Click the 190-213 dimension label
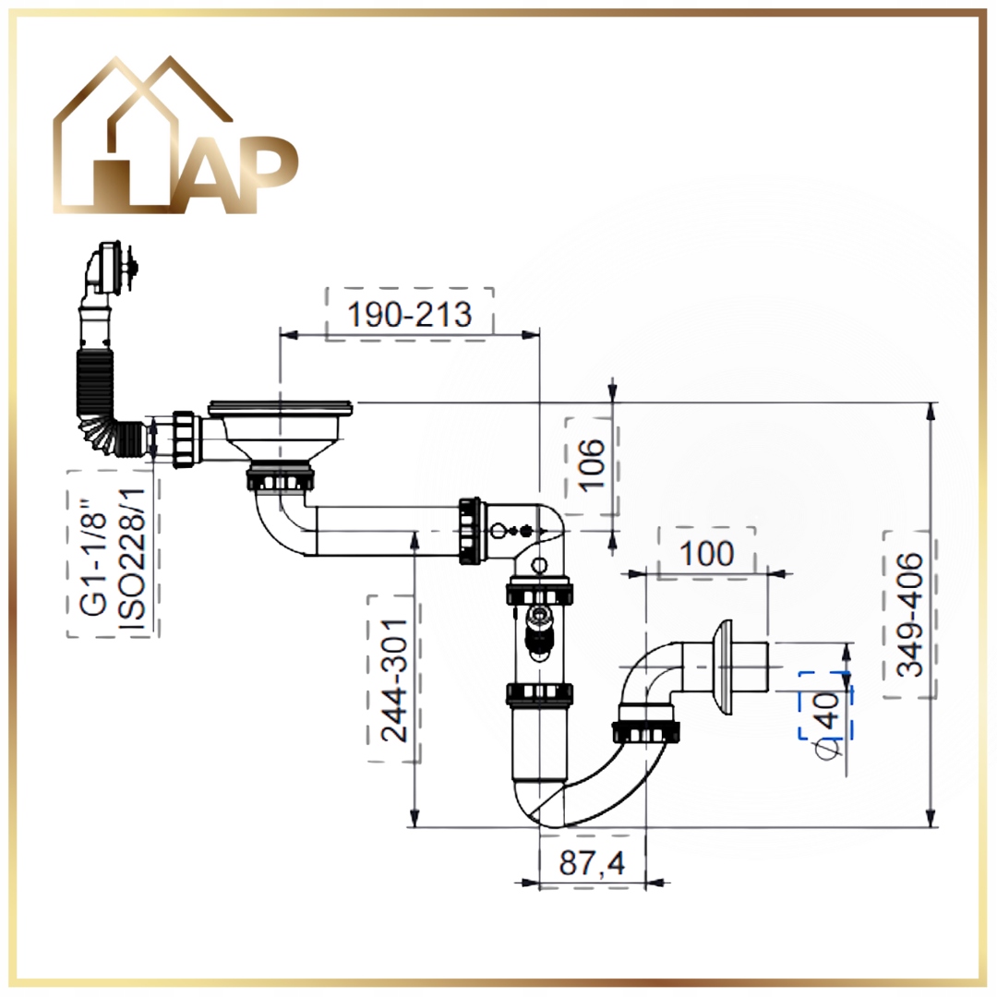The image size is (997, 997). click(410, 314)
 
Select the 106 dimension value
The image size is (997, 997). click(593, 464)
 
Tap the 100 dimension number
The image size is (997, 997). click(707, 554)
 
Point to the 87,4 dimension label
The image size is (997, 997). click(592, 863)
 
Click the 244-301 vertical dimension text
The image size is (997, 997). click(395, 679)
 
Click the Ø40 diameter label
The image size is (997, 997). click(827, 726)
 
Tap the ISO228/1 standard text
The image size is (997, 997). click(133, 559)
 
